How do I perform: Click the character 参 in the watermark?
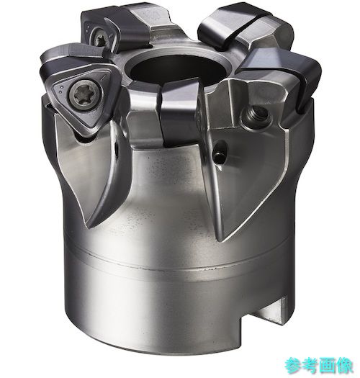click(293, 365)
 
